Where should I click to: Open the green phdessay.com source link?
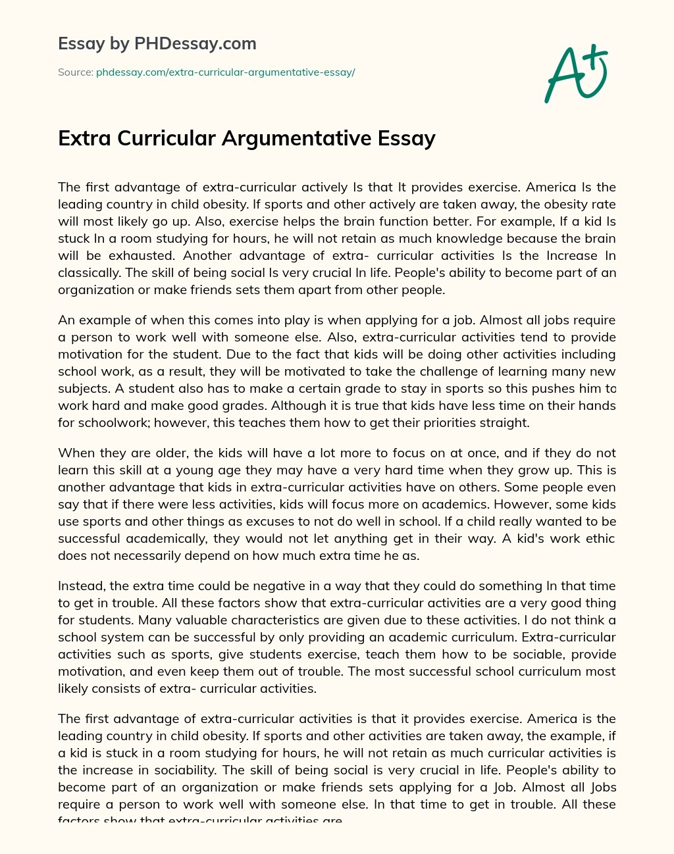[225, 72]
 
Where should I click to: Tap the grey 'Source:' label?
[75, 72]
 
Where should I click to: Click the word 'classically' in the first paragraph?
[91, 272]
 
